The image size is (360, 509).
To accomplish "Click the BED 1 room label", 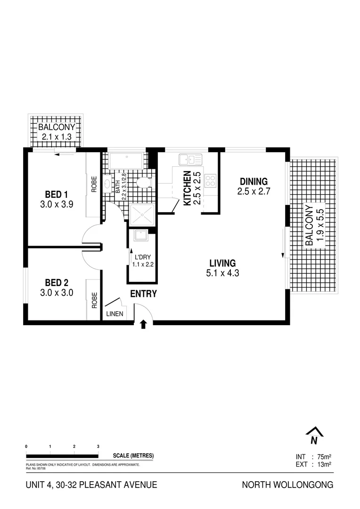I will [57, 194].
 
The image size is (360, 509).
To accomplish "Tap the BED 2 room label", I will [57, 283].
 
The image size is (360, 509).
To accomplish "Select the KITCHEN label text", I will [187, 188].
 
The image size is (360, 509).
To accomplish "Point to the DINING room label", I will [254, 181].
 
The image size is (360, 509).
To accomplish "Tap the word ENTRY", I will [143, 294].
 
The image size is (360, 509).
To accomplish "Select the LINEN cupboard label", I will [114, 314].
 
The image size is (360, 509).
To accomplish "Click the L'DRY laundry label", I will [141, 258].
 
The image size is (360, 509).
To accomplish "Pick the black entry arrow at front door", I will [144, 323].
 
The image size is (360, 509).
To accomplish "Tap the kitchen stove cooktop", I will [211, 180].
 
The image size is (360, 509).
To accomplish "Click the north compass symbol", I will [313, 435].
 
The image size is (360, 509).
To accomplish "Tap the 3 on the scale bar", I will [98, 446].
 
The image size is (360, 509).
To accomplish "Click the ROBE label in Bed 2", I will [94, 300].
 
